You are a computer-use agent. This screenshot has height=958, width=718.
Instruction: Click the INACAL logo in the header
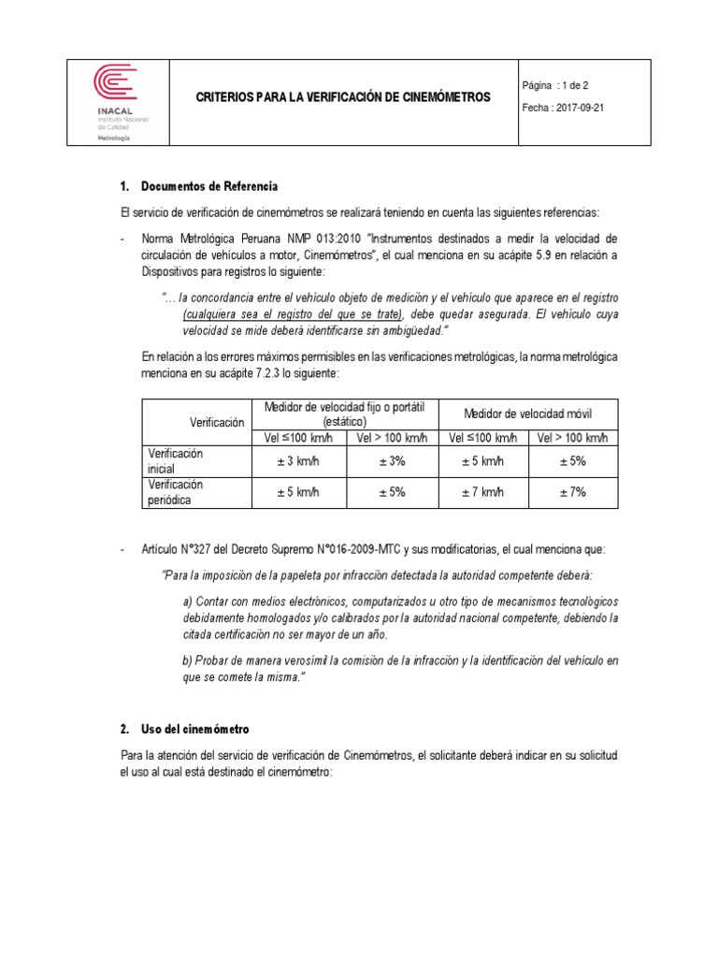click(x=116, y=97)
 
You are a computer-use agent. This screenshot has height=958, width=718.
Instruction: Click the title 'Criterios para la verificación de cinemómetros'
click(x=340, y=97)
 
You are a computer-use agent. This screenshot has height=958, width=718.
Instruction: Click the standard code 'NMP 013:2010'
click(x=333, y=239)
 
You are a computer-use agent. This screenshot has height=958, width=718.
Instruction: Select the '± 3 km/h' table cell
click(x=298, y=460)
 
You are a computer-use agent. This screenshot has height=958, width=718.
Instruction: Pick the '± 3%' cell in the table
click(x=392, y=460)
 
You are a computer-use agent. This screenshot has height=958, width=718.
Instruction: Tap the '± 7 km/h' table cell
click(x=483, y=492)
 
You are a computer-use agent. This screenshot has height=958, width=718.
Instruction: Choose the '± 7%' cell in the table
click(x=572, y=492)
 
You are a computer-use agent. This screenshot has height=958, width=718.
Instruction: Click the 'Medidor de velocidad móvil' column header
click(x=528, y=414)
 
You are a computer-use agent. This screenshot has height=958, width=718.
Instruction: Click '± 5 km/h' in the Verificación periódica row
click(x=298, y=492)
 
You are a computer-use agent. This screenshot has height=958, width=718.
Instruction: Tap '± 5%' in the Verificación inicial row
click(x=572, y=460)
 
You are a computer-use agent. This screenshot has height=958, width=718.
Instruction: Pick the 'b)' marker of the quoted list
click(x=188, y=660)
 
